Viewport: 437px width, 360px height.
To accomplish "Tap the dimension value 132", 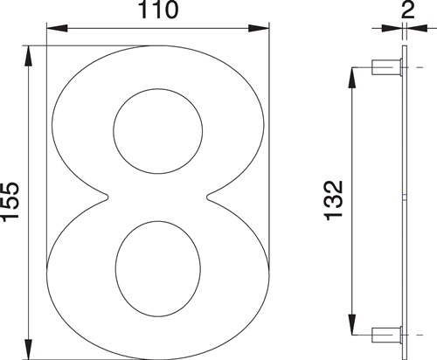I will click(x=333, y=200).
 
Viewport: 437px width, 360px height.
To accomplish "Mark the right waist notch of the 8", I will click(x=209, y=198).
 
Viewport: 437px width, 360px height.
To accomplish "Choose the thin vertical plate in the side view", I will click(x=405, y=201).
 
